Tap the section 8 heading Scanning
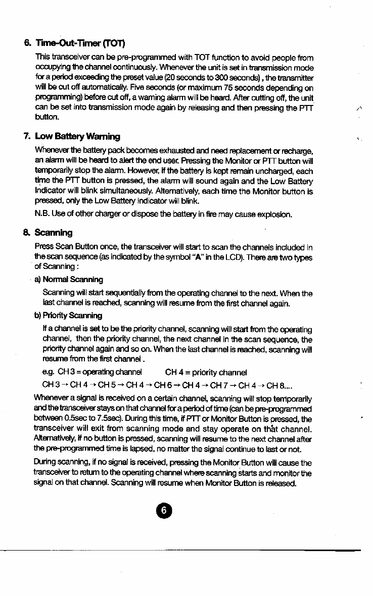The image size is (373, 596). pyautogui.click(x=53, y=233)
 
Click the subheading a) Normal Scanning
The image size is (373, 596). pyautogui.click(x=68, y=279)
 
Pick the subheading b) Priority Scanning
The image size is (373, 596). pyautogui.click(x=68, y=315)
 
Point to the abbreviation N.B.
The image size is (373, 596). pyautogui.click(x=41, y=214)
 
